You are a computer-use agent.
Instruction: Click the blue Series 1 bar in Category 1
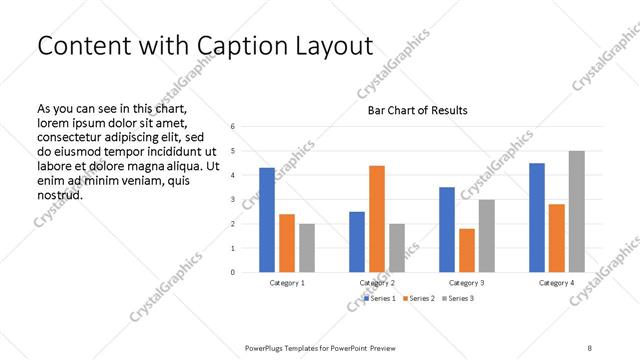(267, 220)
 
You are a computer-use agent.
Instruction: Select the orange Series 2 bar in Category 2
(377, 219)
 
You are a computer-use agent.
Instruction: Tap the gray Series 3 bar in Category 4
(577, 211)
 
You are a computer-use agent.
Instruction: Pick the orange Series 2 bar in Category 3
(467, 250)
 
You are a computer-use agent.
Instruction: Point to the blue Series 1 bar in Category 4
(537, 217)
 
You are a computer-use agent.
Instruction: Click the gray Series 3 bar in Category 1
(307, 248)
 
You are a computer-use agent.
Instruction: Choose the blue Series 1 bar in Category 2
(357, 242)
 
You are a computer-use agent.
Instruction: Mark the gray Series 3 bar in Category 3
(487, 236)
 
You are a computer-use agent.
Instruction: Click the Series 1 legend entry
(381, 299)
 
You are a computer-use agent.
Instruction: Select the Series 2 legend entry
(421, 299)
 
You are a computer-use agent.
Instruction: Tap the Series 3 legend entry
(460, 299)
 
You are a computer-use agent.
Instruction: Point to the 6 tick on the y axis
(232, 127)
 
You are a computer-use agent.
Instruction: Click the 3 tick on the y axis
(232, 199)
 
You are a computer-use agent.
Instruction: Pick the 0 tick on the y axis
(232, 272)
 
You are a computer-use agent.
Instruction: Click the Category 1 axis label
(287, 283)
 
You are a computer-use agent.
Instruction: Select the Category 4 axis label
(557, 283)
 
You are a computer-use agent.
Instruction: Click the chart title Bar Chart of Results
(417, 110)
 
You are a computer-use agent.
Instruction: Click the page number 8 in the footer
(589, 346)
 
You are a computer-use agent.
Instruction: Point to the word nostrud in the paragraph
(59, 194)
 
